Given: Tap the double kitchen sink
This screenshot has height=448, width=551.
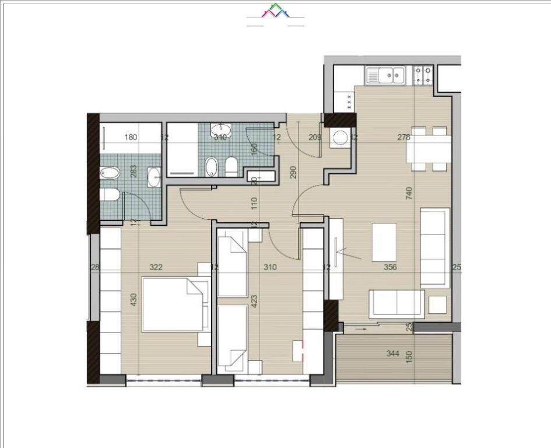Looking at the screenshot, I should tap(385, 75).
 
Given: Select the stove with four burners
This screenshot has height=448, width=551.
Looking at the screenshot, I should tap(423, 75).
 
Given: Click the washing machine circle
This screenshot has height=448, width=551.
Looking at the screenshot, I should tap(340, 138).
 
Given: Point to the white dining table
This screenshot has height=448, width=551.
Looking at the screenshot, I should tap(429, 149).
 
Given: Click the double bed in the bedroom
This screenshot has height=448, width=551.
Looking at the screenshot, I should tap(174, 304).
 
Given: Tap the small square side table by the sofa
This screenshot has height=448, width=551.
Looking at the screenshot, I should tap(438, 304).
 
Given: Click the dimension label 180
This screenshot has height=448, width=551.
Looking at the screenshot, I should tap(131, 138).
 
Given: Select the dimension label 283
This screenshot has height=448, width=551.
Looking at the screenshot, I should tap(134, 171).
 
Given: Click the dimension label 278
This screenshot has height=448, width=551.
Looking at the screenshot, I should tap(403, 138).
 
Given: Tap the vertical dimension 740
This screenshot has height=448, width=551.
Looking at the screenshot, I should tap(409, 194).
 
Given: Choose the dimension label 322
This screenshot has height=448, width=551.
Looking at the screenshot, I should tap(156, 268).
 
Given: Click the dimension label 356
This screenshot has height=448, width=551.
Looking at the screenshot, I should tap(390, 268).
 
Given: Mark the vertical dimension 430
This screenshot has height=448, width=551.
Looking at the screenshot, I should tap(134, 300).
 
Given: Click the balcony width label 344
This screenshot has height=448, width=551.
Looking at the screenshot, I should tap(394, 353).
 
